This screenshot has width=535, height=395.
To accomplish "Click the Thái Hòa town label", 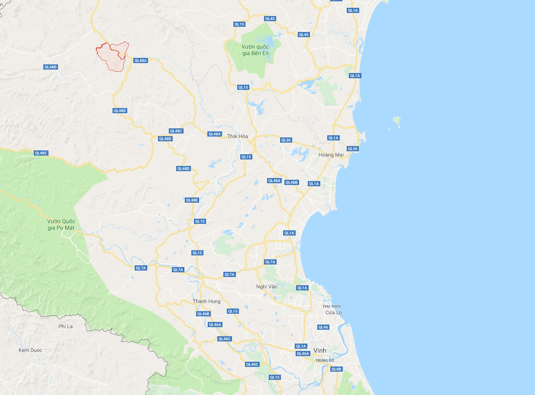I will pyautogui.click(x=238, y=136).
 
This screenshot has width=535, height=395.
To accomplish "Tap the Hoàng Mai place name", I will pyautogui.click(x=331, y=155).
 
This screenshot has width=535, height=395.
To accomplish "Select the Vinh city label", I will pyautogui.click(x=320, y=350).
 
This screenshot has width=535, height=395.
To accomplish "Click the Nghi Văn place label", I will pyautogui.click(x=267, y=287).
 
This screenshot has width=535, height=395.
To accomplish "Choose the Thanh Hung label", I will pyautogui.click(x=206, y=301).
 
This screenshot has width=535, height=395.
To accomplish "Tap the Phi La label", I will pyautogui.click(x=65, y=326).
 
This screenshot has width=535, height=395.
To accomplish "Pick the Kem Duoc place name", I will pyautogui.click(x=30, y=350).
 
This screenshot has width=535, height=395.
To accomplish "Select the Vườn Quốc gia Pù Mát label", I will pyautogui.click(x=61, y=224).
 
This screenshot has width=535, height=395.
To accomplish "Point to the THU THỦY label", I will pyautogui.click(x=332, y=306).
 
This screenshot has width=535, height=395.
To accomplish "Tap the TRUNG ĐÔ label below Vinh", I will pyautogui.click(x=325, y=360).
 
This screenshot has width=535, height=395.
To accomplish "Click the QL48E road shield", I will pyautogui.click(x=192, y=200).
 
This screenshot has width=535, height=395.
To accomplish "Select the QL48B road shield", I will pyautogui.click(x=292, y=182).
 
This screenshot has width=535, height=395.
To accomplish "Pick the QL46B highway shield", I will pyautogui.click(x=203, y=314).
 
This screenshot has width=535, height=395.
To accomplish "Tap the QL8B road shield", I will pyautogui.click(x=336, y=369).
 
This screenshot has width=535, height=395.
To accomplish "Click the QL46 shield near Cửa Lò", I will pyautogui.click(x=323, y=327).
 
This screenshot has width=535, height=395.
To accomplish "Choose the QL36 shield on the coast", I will pyautogui.click(x=352, y=149).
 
